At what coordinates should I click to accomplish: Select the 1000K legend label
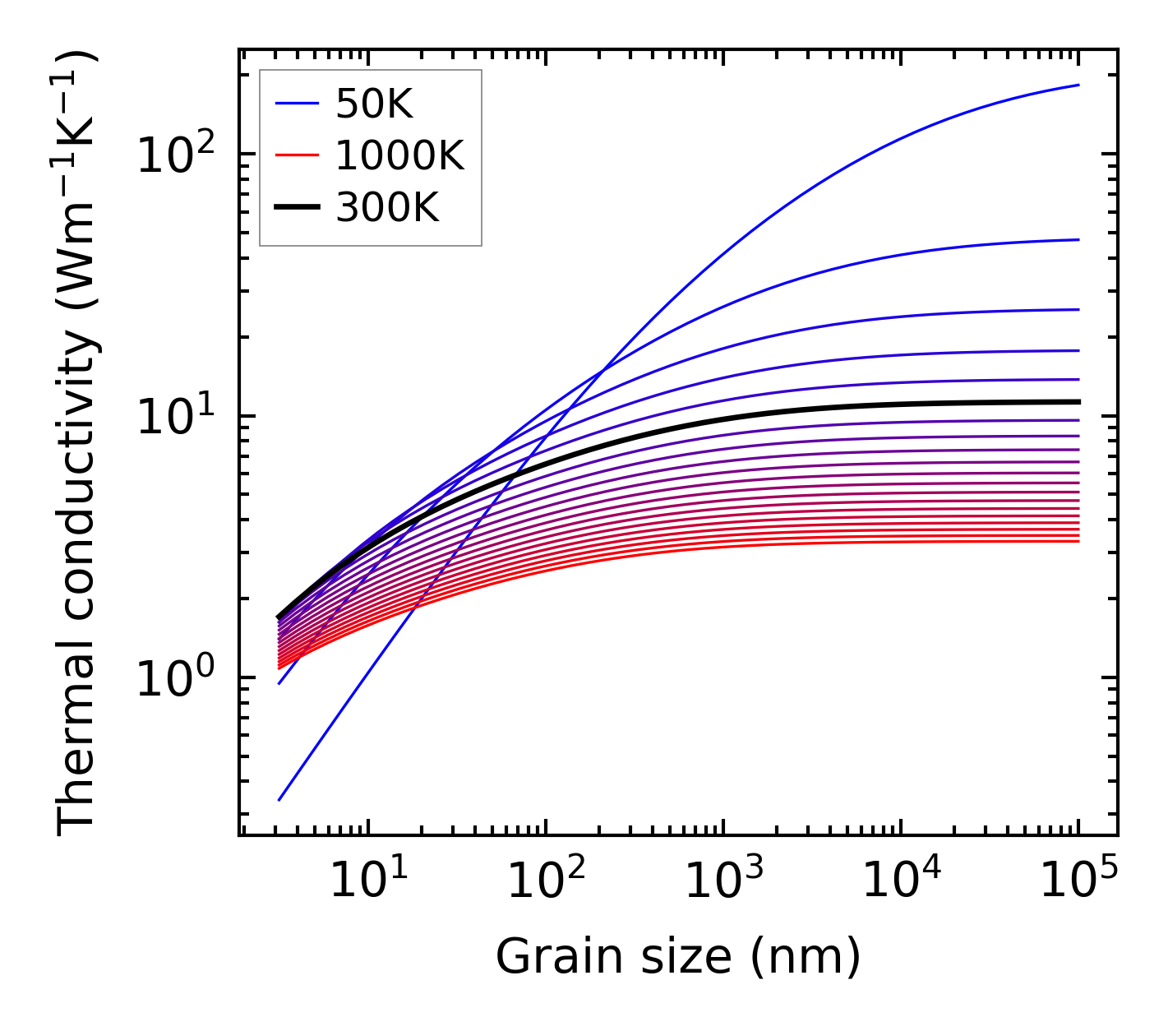[400, 155]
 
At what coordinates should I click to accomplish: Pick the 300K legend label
[387, 208]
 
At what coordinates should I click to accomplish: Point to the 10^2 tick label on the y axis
[174, 155]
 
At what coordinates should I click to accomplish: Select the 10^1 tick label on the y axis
[174, 416]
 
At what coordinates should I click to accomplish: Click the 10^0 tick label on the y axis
[174, 678]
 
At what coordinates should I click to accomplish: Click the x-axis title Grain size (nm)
[678, 957]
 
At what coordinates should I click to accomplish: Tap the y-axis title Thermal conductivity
[78, 444]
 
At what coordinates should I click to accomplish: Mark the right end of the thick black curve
[1078, 401]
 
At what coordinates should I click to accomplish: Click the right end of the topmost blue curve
[1078, 85]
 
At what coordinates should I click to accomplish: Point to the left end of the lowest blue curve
[279, 800]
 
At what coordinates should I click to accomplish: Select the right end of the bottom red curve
[1078, 540]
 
